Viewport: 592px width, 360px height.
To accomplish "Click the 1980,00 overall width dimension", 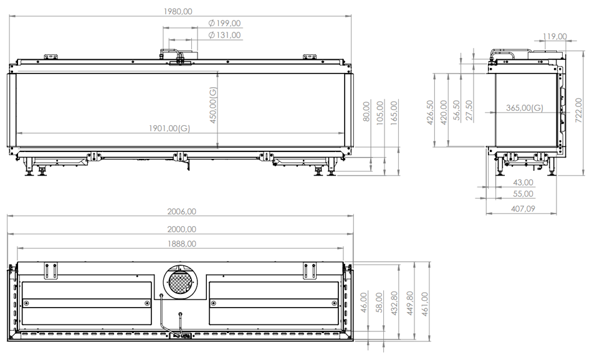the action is pyautogui.click(x=178, y=11).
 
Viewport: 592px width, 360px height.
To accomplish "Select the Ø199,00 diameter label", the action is pyautogui.click(x=224, y=24).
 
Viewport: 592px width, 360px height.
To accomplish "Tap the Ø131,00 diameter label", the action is pyautogui.click(x=224, y=35).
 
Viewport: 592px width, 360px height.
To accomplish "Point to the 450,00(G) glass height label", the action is pyautogui.click(x=213, y=105).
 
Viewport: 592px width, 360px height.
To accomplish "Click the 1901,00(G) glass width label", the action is pyautogui.click(x=169, y=128).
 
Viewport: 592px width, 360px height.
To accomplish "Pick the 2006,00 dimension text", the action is pyautogui.click(x=181, y=211).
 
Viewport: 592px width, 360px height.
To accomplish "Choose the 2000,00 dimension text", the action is pyautogui.click(x=181, y=229).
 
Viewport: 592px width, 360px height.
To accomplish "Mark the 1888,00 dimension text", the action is pyautogui.click(x=181, y=244).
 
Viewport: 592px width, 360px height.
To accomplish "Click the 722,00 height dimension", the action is pyautogui.click(x=578, y=111).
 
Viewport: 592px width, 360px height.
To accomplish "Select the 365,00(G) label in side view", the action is pyautogui.click(x=525, y=108).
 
